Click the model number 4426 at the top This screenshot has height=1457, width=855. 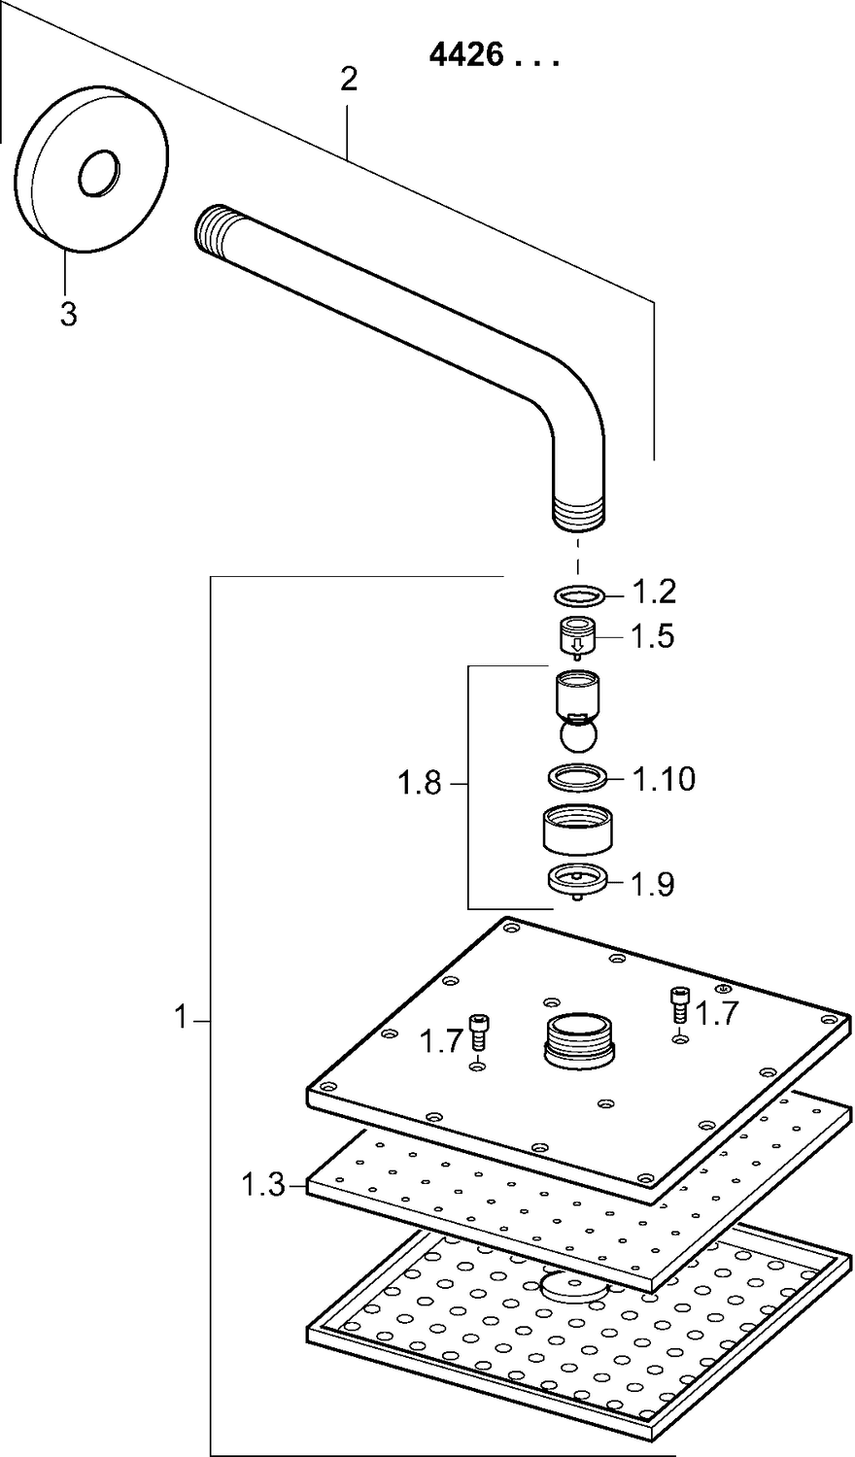pos(466,56)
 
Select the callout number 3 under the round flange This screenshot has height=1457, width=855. pos(68,315)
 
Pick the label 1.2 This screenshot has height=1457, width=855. pos(654,592)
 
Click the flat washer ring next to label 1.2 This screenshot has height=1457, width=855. pos(580,594)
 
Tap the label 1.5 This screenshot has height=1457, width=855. pos(652,637)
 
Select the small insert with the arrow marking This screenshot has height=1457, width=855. pos(577,638)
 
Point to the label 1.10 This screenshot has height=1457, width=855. pos(665,779)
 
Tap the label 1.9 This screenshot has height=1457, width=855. pos(652,885)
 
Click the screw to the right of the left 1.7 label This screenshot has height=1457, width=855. pos(477,1031)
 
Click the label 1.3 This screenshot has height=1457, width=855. pos(262,1185)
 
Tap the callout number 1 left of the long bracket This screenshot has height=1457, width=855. pos(180,1020)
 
